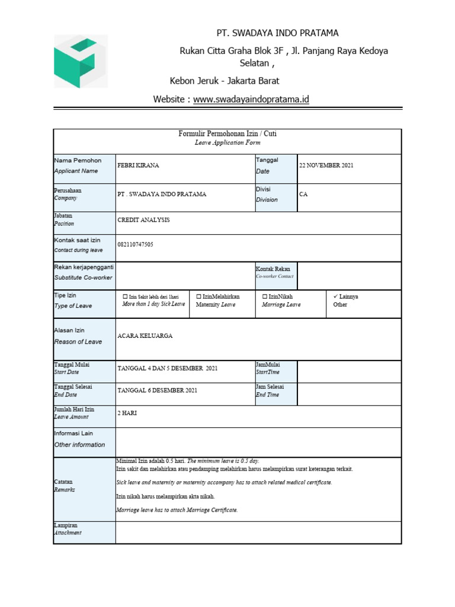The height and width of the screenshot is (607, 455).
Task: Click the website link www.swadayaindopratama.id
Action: tap(251, 100)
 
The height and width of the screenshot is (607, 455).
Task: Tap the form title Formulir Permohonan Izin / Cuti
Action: tap(227, 134)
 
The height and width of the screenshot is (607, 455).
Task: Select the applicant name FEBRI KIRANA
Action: tap(139, 165)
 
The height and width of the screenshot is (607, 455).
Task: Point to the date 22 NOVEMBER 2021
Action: tap(326, 165)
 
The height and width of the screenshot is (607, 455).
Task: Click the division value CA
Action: tap(303, 194)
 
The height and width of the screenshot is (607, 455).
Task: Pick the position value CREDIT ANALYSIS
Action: tap(143, 220)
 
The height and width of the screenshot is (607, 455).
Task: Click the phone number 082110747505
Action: tap(135, 244)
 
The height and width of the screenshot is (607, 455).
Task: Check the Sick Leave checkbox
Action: tap(124, 296)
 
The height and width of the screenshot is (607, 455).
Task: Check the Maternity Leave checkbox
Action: tap(198, 296)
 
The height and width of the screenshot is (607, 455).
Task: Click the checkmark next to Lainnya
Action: tap(336, 296)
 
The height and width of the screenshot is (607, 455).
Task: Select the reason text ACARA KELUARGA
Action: tap(145, 336)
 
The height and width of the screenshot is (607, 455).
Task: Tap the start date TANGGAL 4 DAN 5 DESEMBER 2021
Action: tap(168, 368)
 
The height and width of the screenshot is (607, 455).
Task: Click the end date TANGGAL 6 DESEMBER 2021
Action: tap(158, 390)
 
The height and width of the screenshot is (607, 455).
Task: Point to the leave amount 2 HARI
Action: tap(127, 413)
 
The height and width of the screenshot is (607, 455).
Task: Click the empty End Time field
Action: tap(349, 394)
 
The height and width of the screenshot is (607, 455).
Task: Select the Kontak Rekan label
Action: tap(273, 269)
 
